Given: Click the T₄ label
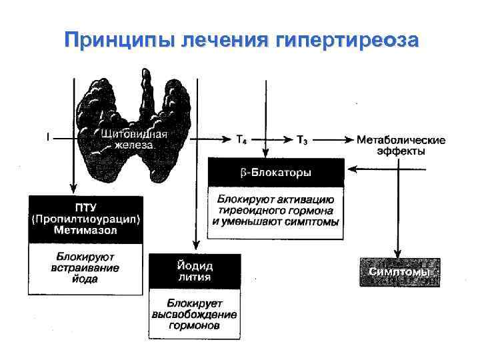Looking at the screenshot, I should click(243, 140).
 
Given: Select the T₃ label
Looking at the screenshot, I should click(302, 140).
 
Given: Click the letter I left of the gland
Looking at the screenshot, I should click(47, 138).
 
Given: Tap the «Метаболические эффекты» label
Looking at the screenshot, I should click(401, 145).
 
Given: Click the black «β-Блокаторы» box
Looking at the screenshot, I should click(276, 173).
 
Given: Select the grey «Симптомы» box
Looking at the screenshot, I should click(400, 272).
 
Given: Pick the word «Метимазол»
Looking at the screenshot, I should click(85, 230).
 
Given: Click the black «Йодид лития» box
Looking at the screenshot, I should click(194, 271).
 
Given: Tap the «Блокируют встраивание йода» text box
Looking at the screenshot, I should click(85, 268).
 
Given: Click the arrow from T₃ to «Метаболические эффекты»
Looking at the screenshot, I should click(333, 140).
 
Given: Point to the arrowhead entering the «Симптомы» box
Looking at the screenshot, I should click(399, 254).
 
